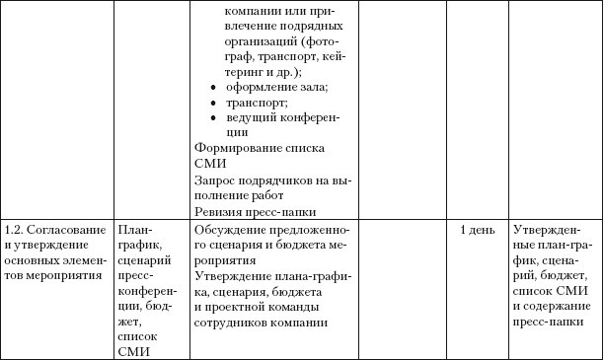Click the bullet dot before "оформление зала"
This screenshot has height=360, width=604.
pos(216,87)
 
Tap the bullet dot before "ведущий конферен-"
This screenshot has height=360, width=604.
pos(216,117)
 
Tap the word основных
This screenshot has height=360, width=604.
pos(33,260)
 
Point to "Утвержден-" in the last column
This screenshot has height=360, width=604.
pos(546,229)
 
